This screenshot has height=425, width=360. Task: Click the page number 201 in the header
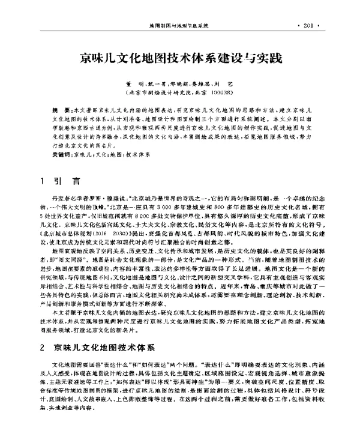point(309,27)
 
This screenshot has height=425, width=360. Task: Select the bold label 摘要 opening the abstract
point(60,112)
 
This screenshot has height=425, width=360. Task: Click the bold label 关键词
point(62,154)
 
